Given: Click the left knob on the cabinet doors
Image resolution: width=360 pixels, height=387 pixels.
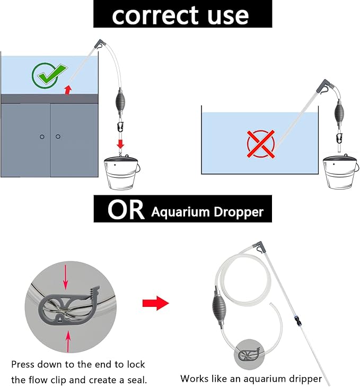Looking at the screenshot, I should [x=42, y=137].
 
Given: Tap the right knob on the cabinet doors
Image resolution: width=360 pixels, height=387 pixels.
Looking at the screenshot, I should [x=58, y=137].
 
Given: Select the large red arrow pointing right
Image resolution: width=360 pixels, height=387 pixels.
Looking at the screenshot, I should [x=155, y=304].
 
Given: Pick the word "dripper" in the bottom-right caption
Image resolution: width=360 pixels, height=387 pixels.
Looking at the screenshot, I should [x=303, y=379].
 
